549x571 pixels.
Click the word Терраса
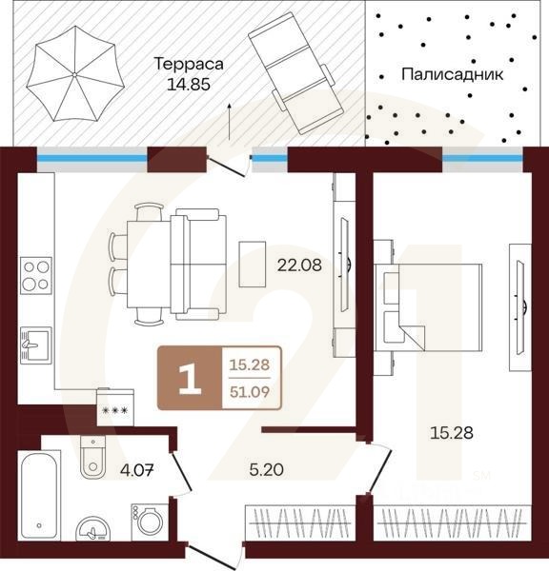tap(189, 64)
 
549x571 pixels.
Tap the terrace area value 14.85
tap(189, 85)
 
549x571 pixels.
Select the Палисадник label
tap(453, 74)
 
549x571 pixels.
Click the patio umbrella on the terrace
tap(75, 74)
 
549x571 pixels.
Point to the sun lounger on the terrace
tap(296, 73)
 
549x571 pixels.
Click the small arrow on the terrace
tap(230, 122)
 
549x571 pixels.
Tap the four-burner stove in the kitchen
tap(36, 275)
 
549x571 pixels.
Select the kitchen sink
tap(36, 345)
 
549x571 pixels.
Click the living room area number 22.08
tap(299, 266)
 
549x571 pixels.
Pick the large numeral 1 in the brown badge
tap(190, 380)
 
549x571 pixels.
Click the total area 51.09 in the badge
tap(250, 392)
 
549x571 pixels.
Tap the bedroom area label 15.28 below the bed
tap(452, 433)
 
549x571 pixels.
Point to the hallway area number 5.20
tap(266, 469)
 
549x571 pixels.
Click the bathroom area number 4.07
tap(137, 470)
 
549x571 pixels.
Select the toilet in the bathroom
tap(93, 457)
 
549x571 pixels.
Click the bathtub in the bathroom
tap(39, 496)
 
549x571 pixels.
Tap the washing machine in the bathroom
tap(150, 522)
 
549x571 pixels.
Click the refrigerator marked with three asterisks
tap(115, 407)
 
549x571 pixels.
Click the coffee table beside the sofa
tap(253, 264)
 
